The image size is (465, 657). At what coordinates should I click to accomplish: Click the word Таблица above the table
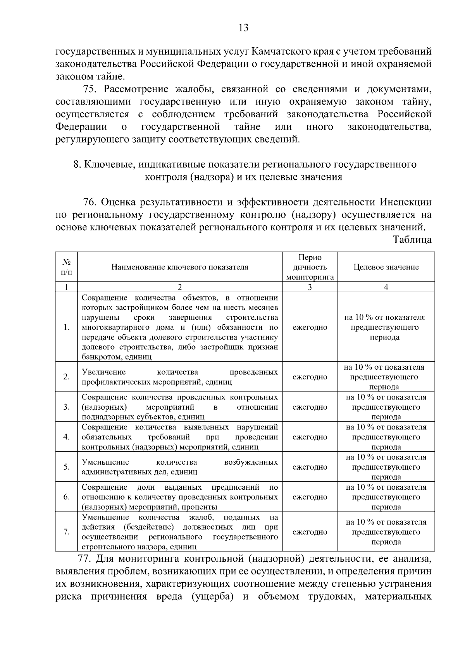[x=412, y=240]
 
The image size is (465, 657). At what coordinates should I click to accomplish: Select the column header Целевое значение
[x=386, y=267]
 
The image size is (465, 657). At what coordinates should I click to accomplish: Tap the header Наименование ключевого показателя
[x=180, y=267]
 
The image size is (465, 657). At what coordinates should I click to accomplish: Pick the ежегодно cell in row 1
[x=310, y=327]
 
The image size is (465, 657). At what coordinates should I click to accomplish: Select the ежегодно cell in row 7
[x=310, y=532]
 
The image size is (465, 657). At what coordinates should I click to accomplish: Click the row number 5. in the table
[x=67, y=467]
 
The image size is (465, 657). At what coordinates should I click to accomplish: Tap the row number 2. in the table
[x=67, y=377]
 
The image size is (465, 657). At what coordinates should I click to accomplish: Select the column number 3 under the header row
[x=310, y=287]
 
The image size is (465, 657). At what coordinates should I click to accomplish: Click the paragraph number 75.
[x=92, y=89]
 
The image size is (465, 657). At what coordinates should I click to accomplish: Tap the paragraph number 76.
[x=92, y=202]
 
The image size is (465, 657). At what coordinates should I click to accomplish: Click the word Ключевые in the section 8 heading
[x=107, y=165]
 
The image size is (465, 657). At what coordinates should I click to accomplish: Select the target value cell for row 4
[x=386, y=437]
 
